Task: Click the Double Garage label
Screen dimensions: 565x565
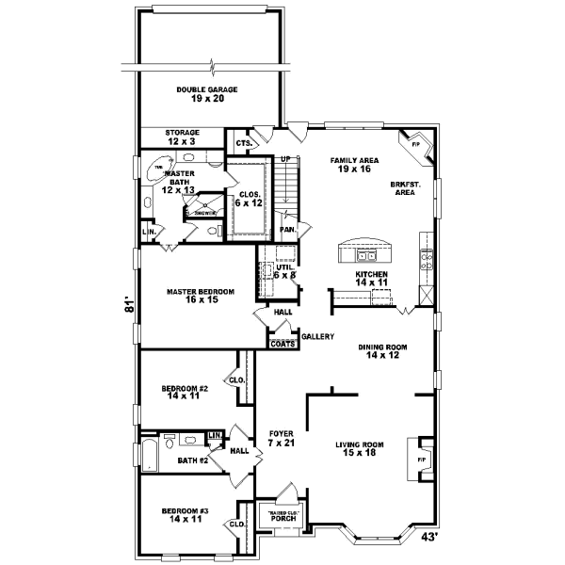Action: pyautogui.click(x=206, y=94)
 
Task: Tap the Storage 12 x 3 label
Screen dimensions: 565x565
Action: pyautogui.click(x=181, y=137)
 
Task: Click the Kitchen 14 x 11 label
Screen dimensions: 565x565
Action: pyautogui.click(x=371, y=278)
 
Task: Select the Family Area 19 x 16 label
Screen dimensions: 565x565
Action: pyautogui.click(x=354, y=166)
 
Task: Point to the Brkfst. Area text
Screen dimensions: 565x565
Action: pyautogui.click(x=404, y=187)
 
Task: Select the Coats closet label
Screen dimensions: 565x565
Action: pyautogui.click(x=282, y=345)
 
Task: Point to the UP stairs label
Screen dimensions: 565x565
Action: pyautogui.click(x=282, y=159)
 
